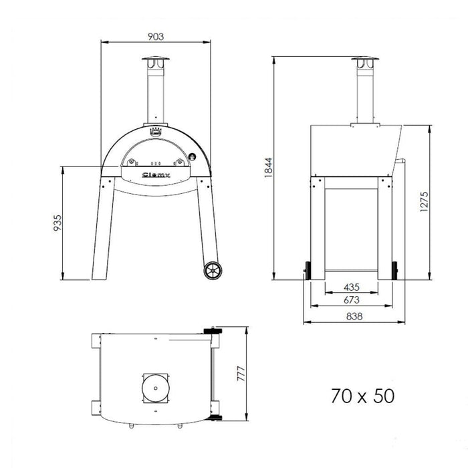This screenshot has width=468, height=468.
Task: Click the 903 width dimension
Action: tap(156, 36)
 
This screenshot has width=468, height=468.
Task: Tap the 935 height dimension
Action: tap(57, 223)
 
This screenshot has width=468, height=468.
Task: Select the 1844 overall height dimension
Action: tap(268, 168)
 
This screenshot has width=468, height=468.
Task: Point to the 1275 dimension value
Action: tap(424, 202)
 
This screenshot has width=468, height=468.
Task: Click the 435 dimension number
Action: tap(352, 287)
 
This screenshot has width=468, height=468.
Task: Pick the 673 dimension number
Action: tap(352, 300)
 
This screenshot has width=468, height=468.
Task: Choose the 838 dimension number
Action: tap(354, 316)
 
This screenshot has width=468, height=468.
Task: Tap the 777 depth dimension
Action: tap(241, 373)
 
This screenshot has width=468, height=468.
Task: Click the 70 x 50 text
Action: tap(362, 396)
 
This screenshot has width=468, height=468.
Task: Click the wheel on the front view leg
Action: tap(213, 271)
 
